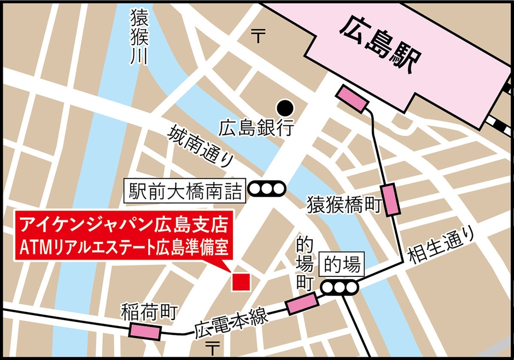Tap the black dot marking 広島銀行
point(285,106)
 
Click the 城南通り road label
point(202,147)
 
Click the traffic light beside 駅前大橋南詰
point(267,189)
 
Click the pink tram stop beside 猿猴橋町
point(392,200)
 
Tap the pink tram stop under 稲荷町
point(146,331)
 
